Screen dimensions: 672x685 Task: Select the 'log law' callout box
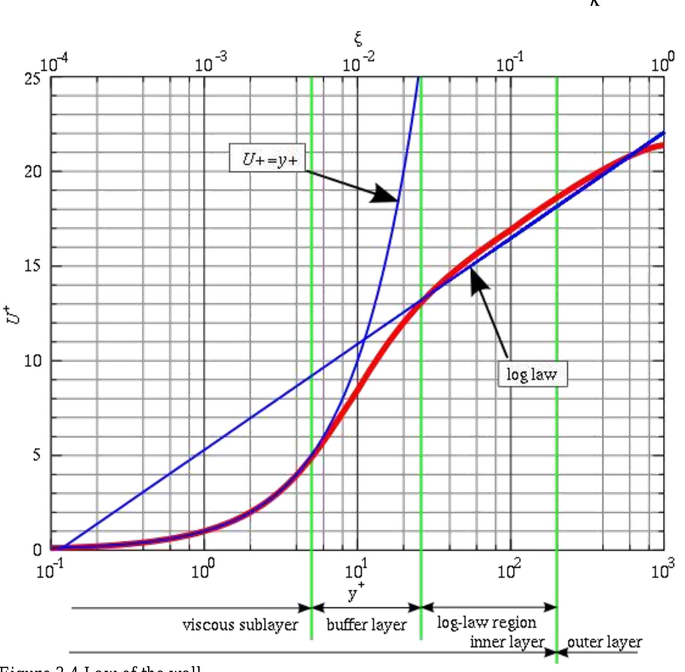click(x=533, y=375)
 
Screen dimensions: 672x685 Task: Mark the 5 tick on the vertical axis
click(x=36, y=455)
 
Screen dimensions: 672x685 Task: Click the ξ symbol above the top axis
click(x=358, y=39)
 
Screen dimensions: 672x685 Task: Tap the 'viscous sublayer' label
click(x=240, y=625)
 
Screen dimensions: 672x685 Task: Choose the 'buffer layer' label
click(x=366, y=625)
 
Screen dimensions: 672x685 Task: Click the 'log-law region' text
click(x=486, y=623)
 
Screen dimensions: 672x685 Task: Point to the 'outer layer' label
click(x=604, y=642)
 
